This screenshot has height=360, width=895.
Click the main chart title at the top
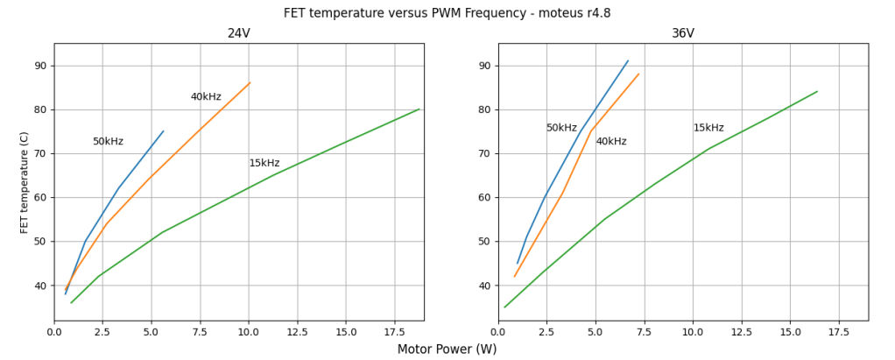click(447, 13)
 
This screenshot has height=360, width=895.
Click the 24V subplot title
click(238, 33)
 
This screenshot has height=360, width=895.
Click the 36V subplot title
click(683, 33)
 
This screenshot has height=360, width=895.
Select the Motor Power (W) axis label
click(447, 349)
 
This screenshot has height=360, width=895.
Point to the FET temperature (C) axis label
click(25, 182)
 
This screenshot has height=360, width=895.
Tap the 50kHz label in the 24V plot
click(108, 142)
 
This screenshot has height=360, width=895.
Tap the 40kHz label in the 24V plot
click(206, 97)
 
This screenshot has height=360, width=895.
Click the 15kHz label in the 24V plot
click(264, 164)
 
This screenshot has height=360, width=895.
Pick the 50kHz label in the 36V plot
click(561, 128)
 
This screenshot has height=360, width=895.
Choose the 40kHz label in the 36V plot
click(611, 142)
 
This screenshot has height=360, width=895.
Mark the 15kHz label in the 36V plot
click(708, 128)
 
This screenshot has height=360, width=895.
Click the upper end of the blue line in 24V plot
click(163, 131)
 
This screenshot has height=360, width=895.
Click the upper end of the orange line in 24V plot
click(250, 83)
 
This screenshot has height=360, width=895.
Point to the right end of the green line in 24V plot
click(419, 109)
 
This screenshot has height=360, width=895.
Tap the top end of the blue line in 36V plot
click(628, 61)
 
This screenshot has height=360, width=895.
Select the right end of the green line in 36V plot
click(817, 92)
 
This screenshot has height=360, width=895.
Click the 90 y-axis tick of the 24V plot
click(40, 66)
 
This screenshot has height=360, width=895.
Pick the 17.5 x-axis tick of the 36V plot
click(839, 333)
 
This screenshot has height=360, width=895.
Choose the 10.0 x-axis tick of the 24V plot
click(249, 333)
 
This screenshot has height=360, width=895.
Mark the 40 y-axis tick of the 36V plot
click(484, 286)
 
